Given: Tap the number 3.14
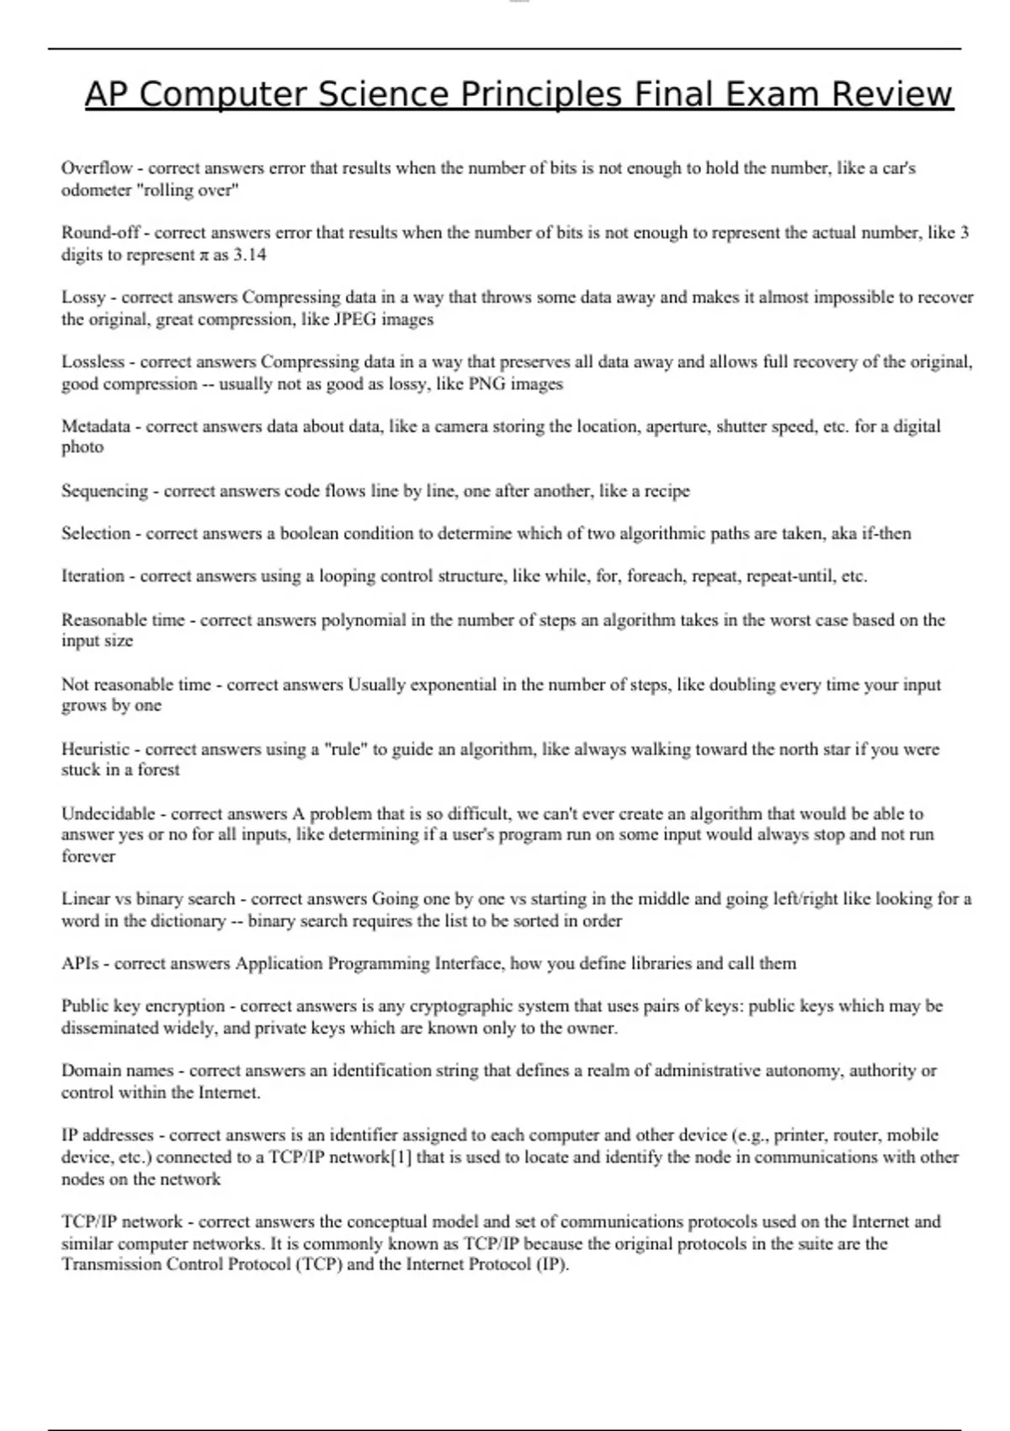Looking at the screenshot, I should tap(249, 255).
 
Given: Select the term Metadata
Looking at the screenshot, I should tap(96, 426).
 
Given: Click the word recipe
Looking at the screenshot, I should tap(667, 491).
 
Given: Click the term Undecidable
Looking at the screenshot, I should tap(108, 814).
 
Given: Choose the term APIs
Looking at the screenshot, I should tap(80, 964).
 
